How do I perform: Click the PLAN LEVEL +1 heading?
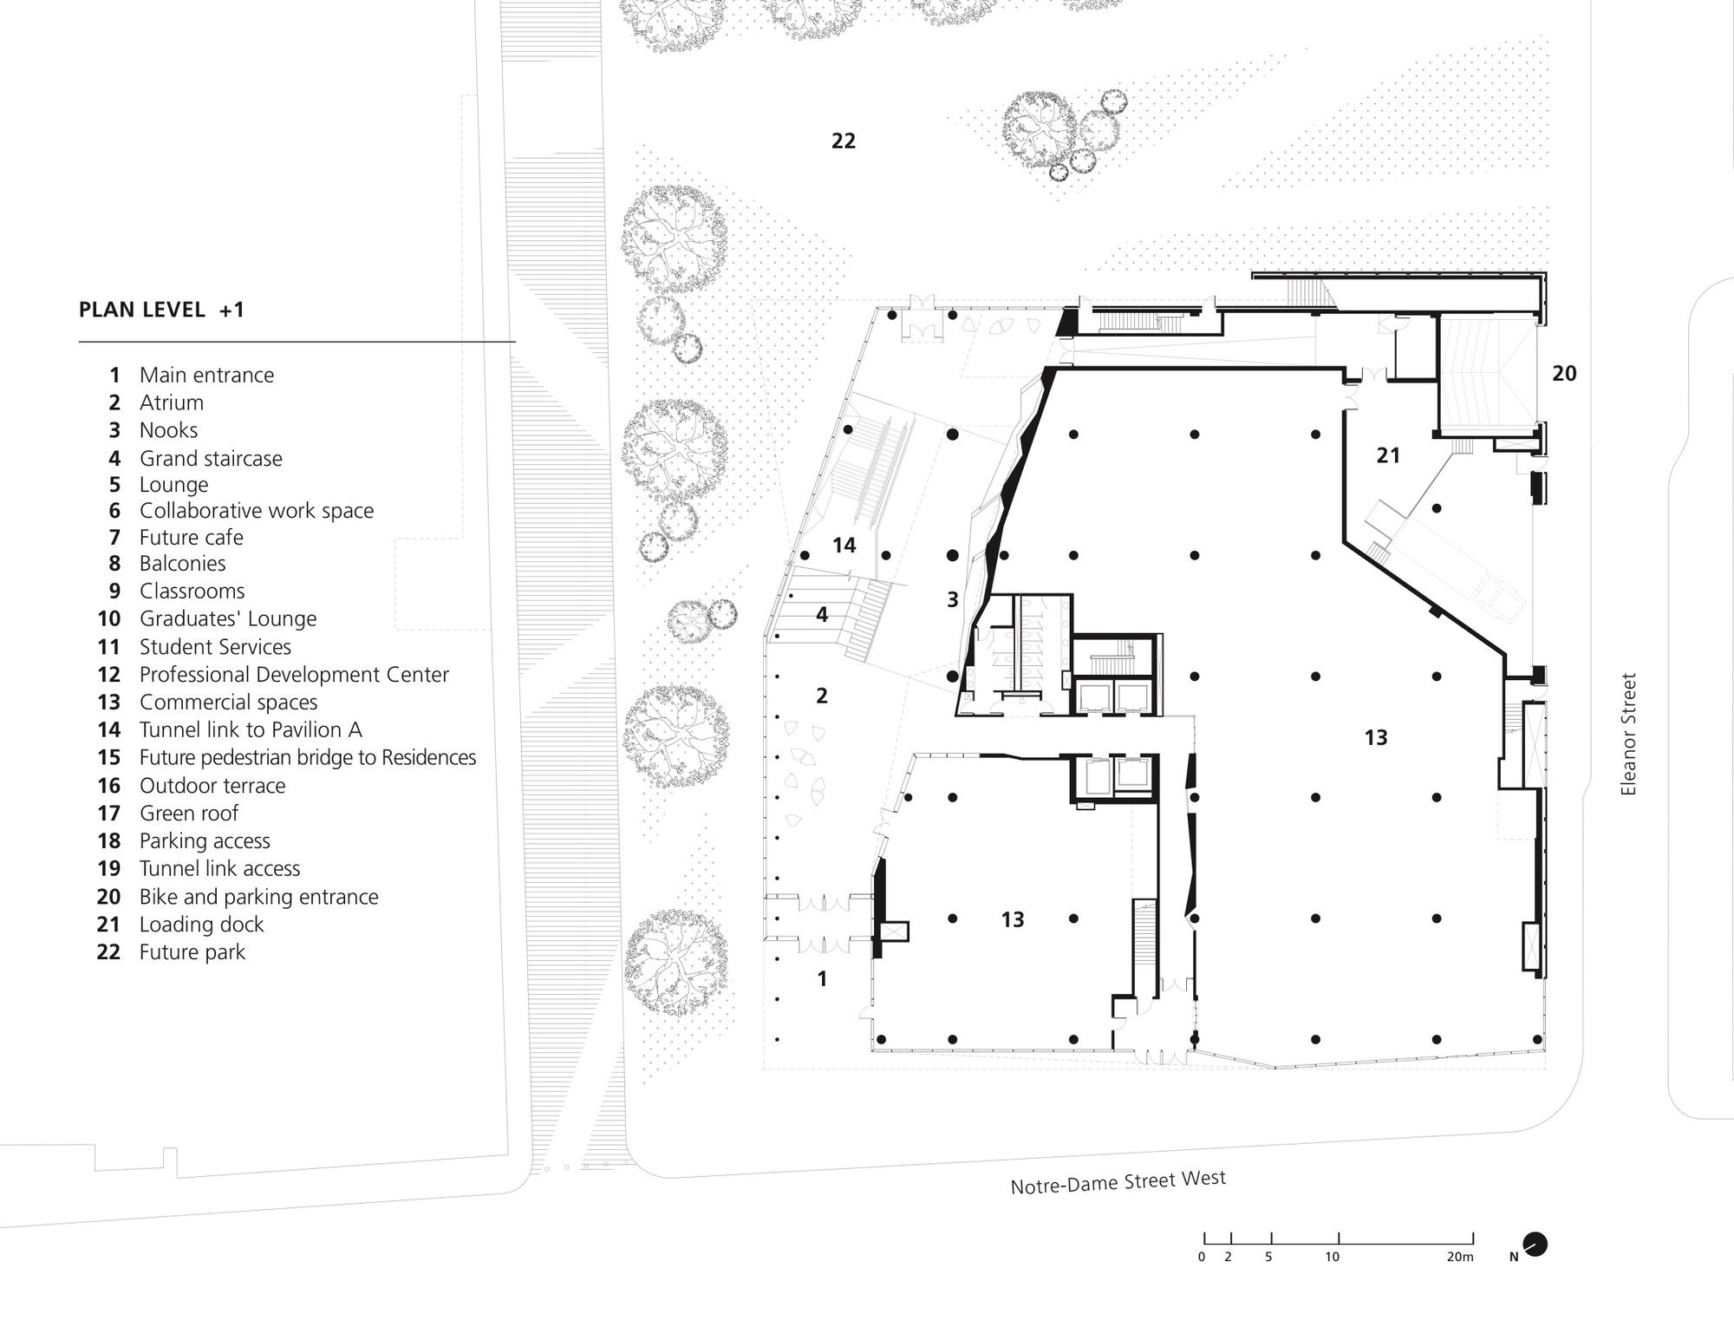161,310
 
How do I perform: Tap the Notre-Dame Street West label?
1118,1183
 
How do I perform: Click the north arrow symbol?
1535,1245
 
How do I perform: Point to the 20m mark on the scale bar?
1460,1257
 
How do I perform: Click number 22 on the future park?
843,141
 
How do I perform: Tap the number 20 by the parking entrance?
1564,374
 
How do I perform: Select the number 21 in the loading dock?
1388,455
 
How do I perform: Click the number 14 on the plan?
844,546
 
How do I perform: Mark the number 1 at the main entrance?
822,979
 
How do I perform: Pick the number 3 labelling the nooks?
952,599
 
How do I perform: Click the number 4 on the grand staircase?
822,615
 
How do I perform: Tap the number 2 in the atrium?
822,696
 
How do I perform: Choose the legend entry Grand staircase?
211,458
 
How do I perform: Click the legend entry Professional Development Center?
294,675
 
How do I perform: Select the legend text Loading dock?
201,925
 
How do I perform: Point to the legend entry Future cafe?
191,538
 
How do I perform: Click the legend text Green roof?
188,814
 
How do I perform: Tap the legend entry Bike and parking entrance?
258,897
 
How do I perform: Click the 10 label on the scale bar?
1332,1257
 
